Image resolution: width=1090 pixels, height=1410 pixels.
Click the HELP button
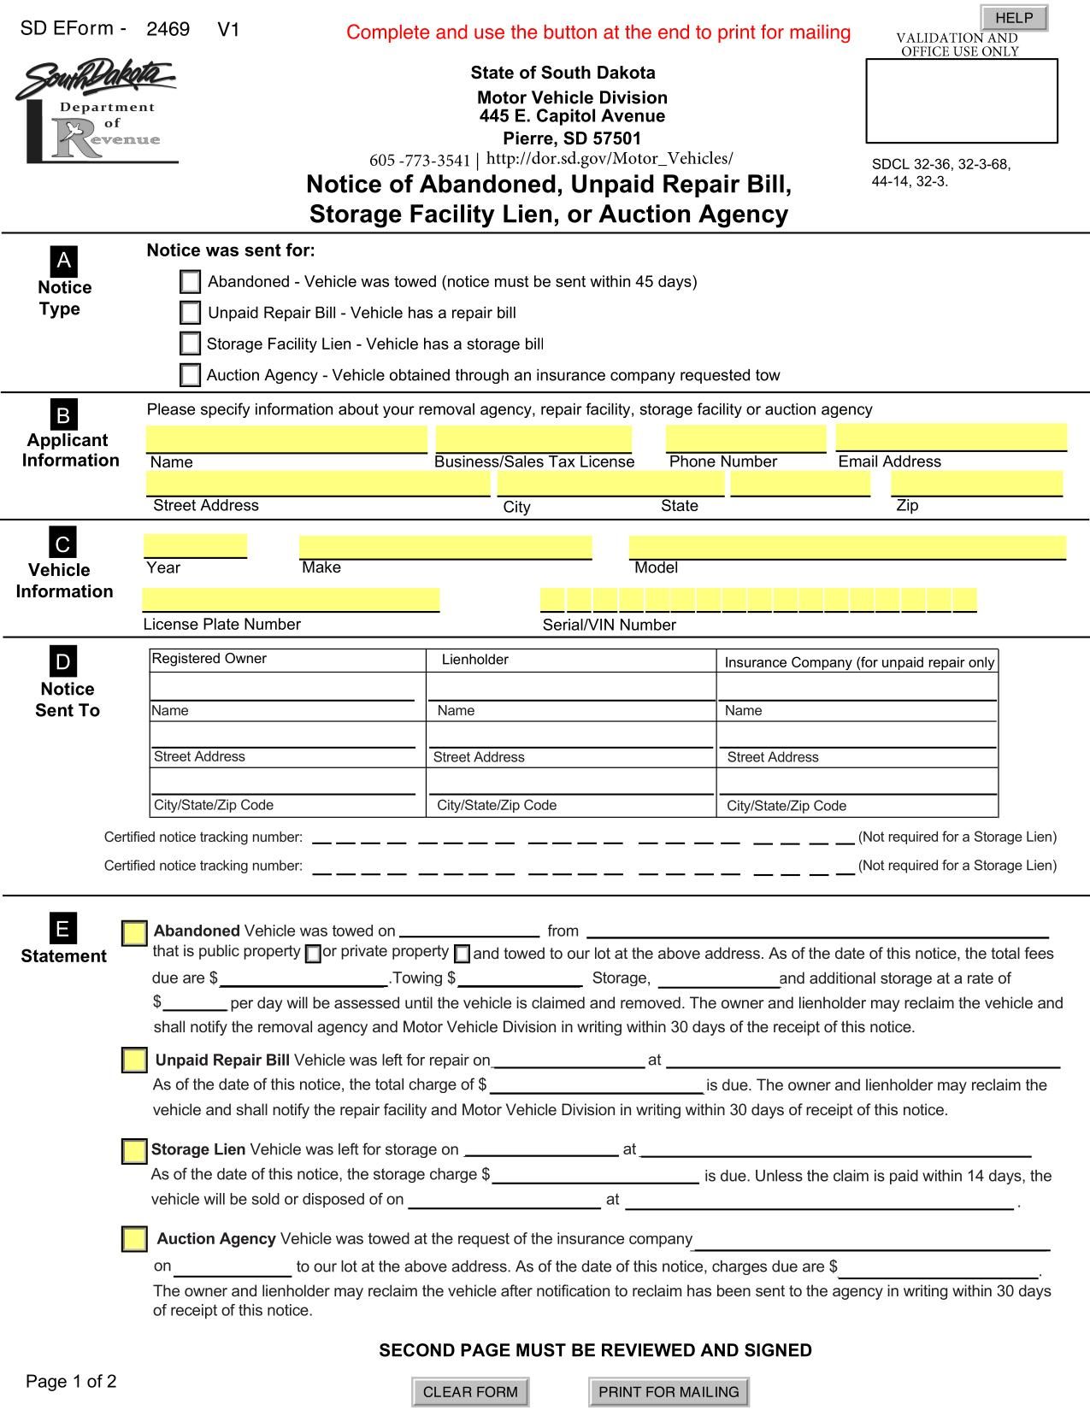(x=1014, y=18)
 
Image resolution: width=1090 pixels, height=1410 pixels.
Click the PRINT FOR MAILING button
(x=669, y=1391)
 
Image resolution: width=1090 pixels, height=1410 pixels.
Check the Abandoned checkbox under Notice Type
(x=191, y=282)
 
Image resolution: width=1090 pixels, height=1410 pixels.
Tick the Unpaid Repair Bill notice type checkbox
(x=191, y=313)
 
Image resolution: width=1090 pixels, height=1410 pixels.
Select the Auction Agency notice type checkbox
(x=191, y=375)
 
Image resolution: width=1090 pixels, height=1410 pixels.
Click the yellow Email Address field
(x=951, y=437)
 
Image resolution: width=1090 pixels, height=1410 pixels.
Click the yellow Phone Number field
(x=745, y=438)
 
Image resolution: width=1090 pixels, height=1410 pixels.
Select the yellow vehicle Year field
(x=196, y=546)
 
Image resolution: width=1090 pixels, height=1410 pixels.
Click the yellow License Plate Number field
(x=291, y=600)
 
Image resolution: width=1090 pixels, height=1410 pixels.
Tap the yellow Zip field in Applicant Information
(x=976, y=484)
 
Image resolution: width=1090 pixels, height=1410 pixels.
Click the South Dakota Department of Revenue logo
(x=96, y=111)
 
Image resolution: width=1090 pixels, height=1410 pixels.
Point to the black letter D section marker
(x=63, y=661)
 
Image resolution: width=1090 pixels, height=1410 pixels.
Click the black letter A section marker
(x=63, y=261)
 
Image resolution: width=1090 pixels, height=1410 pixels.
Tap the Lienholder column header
(x=475, y=660)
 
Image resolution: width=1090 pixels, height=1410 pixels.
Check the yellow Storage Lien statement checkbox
(x=134, y=1151)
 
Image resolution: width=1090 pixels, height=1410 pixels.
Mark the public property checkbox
(x=313, y=954)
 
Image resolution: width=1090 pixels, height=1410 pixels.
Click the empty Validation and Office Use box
(x=962, y=101)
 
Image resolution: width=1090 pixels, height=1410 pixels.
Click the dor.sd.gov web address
(x=610, y=159)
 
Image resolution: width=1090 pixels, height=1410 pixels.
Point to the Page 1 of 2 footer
(x=71, y=1381)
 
